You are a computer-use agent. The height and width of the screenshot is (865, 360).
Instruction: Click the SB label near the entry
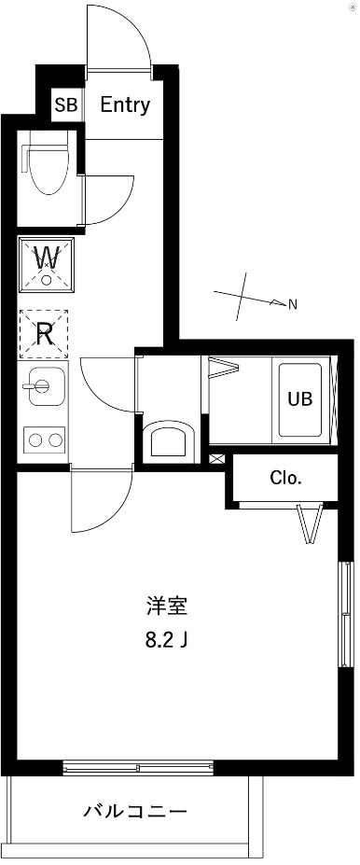click(65, 105)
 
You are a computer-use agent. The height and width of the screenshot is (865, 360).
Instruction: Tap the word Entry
click(124, 105)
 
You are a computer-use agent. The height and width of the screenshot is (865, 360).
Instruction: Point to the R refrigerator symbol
click(43, 334)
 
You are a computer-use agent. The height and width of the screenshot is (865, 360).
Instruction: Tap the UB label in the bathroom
click(299, 398)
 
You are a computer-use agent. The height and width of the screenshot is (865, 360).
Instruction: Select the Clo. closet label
click(285, 479)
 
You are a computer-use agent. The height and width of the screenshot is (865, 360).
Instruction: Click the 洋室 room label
click(168, 607)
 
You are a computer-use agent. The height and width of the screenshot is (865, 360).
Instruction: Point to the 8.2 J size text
click(169, 641)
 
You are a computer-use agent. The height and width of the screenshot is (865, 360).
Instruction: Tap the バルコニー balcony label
click(135, 810)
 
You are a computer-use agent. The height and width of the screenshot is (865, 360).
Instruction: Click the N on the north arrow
click(292, 303)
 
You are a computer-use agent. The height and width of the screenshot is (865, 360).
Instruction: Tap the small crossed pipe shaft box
click(217, 459)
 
